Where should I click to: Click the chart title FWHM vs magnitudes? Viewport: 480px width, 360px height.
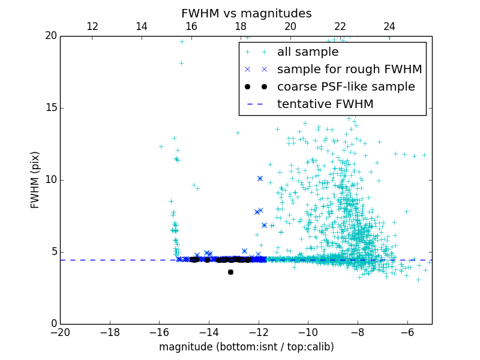(246, 13)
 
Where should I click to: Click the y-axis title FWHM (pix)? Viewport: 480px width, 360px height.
(35, 179)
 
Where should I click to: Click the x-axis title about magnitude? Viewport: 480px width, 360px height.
(246, 347)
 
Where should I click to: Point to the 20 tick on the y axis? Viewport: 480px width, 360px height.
(50, 36)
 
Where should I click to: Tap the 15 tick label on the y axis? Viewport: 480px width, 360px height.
(50, 108)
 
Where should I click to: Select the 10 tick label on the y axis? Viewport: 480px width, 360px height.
(50, 180)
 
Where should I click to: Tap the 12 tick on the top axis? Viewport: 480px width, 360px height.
(92, 26)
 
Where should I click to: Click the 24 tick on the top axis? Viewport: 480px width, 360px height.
(389, 26)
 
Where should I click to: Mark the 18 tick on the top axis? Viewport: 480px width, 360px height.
(241, 26)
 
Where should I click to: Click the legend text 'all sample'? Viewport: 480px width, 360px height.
(308, 52)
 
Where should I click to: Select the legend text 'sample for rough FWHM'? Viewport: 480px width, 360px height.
(349, 70)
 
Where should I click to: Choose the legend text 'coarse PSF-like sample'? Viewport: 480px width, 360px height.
(346, 87)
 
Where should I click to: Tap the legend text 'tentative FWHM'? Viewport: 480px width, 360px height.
(325, 104)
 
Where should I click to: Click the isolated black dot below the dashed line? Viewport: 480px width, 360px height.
(230, 272)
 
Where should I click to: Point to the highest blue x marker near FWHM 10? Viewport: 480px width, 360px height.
(260, 178)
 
